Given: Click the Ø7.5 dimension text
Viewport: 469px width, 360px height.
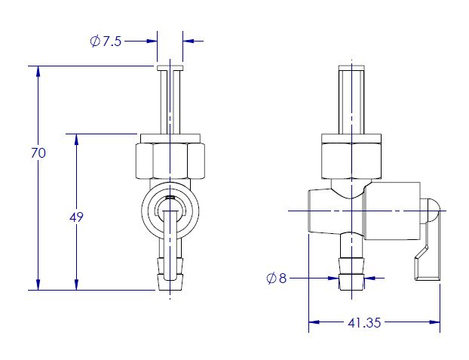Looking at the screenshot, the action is (106, 41).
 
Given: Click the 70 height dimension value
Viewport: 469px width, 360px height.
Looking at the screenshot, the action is (38, 153).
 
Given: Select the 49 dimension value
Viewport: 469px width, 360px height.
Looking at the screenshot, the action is (76, 217).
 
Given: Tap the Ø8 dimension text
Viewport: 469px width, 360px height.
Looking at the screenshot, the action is (277, 278).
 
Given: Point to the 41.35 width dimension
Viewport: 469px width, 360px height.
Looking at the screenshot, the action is (364, 322).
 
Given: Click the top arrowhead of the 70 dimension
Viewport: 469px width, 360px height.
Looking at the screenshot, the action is (38, 71).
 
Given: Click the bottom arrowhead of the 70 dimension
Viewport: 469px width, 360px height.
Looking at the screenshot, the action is (38, 285).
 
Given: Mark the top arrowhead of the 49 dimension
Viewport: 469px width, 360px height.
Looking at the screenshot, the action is (76, 140).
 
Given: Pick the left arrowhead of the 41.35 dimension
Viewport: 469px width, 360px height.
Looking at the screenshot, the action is (314, 322).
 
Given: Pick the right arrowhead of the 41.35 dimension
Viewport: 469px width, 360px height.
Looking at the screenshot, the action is (434, 322).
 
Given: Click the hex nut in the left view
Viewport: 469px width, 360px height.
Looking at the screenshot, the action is (170, 161).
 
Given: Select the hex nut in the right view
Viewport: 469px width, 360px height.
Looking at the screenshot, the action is (351, 161).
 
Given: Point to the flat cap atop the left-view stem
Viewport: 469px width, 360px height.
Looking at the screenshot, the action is (170, 68).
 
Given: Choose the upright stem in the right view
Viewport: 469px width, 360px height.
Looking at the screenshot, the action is (351, 100).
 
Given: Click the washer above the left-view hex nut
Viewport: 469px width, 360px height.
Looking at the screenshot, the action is (170, 138).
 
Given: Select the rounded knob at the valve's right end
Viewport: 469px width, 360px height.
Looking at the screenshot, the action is (433, 211).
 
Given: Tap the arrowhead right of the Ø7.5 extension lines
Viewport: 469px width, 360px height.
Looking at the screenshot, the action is (189, 41).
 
